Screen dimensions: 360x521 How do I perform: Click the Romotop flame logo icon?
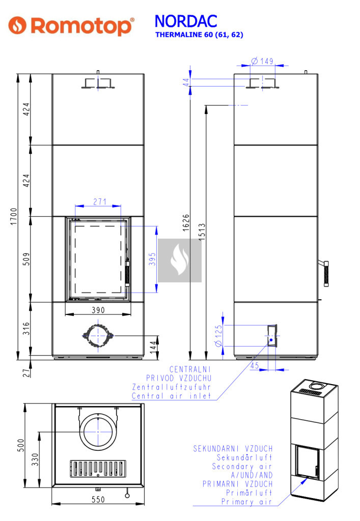17,25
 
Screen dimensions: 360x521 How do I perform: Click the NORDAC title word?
186,21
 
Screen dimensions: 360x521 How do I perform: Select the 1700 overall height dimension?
13,216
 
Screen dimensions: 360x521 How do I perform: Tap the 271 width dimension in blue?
100,201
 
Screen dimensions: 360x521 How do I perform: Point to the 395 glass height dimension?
152,259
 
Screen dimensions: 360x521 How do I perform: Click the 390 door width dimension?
98,310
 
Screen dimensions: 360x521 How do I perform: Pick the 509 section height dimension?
26,259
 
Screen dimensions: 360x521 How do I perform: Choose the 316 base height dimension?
26,329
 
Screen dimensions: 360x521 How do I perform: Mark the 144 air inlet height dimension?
153,347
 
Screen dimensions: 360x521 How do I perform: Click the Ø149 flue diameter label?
262,61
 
